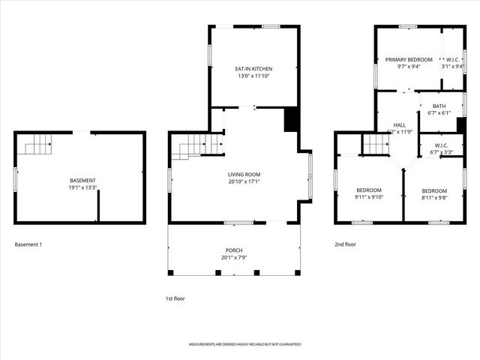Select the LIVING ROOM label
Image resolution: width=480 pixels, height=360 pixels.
(x=244, y=174)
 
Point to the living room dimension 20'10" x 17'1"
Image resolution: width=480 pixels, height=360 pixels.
(x=244, y=181)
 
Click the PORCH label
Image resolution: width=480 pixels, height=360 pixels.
(x=234, y=250)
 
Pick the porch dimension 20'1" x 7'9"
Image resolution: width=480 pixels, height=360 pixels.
(x=234, y=258)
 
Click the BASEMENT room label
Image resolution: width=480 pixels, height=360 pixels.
(x=82, y=181)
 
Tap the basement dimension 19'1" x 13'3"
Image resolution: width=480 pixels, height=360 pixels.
(x=82, y=188)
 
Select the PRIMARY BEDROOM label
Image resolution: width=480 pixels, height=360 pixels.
(x=409, y=59)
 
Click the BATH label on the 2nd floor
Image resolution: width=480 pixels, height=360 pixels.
(x=439, y=106)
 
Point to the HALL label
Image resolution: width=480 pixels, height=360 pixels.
(x=399, y=124)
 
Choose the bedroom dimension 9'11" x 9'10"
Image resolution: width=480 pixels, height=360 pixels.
(x=368, y=197)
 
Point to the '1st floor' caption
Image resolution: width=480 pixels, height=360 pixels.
(x=175, y=298)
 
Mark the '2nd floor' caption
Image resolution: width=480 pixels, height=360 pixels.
(x=345, y=244)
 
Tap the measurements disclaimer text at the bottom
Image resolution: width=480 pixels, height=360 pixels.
(x=244, y=344)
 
